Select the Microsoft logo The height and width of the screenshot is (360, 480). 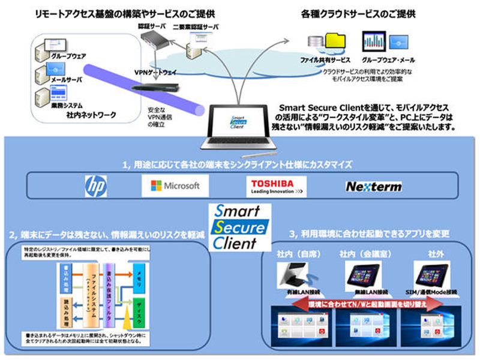point(174,185)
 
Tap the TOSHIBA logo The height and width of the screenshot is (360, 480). point(273,185)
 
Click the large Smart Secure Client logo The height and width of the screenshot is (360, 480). point(239,226)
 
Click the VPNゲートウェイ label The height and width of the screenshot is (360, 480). point(155,71)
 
